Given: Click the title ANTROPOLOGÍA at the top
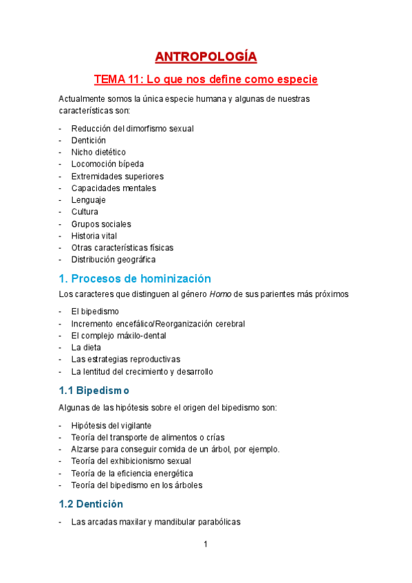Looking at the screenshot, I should [206, 56].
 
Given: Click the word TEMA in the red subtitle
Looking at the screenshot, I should [109, 80].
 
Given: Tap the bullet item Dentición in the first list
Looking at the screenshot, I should [88, 140].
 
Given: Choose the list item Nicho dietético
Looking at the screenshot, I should [98, 152].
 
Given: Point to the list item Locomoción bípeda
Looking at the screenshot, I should [107, 164].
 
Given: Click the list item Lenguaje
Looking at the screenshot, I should [88, 200].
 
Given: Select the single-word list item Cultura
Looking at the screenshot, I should [85, 212].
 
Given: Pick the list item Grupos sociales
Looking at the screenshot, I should [101, 224].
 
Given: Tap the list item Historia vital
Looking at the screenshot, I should [94, 236].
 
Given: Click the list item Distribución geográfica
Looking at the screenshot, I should [113, 260].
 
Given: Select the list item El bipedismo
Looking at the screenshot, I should [95, 311].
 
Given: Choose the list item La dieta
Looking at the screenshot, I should [86, 347].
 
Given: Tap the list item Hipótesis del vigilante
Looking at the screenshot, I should [111, 425].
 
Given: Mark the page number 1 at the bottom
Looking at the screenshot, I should [205, 545].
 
